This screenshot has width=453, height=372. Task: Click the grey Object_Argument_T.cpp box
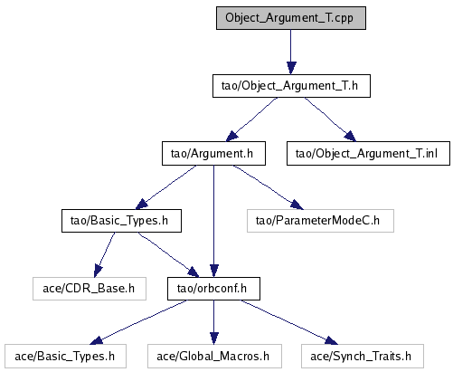coord(291,18)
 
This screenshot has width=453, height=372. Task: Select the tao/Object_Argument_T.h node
coord(291,86)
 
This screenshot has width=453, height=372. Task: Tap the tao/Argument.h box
coord(213,154)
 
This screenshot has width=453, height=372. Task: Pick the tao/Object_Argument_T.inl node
coord(368,154)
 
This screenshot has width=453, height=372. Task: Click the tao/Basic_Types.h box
coord(121,221)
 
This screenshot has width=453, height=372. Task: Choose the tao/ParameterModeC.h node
coord(320,221)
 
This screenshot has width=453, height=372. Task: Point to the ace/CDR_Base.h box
coord(90,289)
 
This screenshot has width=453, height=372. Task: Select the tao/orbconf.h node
coord(213,289)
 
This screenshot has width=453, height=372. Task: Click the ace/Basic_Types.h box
coord(65,357)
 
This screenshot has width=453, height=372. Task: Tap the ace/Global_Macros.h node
coord(214,357)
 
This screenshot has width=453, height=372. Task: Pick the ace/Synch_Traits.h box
coord(363,357)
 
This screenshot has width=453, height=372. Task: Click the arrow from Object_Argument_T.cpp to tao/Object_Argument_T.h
coord(291,52)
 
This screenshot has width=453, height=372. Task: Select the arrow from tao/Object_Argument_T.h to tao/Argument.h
coord(251,119)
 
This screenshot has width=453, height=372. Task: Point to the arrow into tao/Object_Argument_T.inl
coord(330,119)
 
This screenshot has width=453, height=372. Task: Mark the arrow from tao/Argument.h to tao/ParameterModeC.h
coord(269,187)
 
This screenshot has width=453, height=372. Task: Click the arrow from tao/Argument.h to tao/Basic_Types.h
coord(165,187)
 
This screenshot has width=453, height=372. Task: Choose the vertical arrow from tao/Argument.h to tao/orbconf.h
coord(213,221)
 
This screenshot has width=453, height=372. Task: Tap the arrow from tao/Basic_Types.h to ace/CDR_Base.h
coord(104,254)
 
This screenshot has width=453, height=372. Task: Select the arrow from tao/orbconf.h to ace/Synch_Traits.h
coord(289,322)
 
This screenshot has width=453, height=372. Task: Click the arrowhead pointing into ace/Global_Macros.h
coord(213,339)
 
